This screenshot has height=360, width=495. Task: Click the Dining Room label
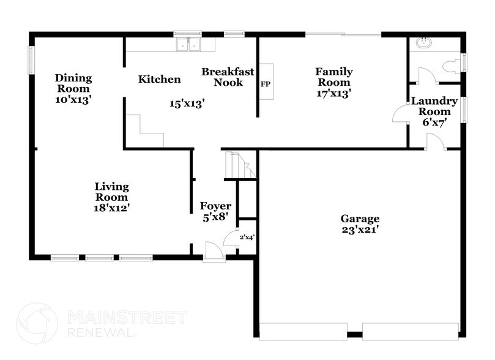click(x=73, y=83)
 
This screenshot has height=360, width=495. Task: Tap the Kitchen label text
click(x=159, y=79)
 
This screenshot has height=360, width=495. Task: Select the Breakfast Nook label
click(x=223, y=77)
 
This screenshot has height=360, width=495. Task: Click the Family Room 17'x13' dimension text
click(x=334, y=93)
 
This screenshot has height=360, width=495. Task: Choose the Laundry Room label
click(x=431, y=107)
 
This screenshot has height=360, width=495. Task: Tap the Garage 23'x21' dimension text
click(x=360, y=230)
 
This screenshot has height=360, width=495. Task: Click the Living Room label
click(x=111, y=192)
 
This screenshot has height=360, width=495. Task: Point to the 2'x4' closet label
click(x=247, y=238)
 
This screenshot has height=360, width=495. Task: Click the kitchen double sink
click(x=188, y=44)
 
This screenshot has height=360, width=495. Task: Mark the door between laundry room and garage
click(x=436, y=144)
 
